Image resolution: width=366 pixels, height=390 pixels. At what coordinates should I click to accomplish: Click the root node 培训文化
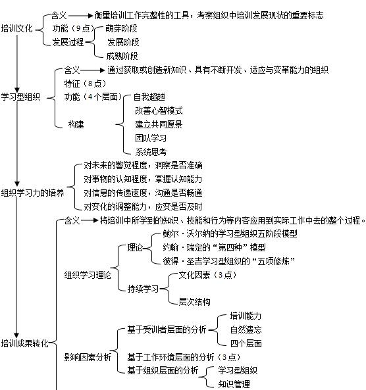pos(16,28)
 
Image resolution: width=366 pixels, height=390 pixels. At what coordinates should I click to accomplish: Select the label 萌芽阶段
pos(121,28)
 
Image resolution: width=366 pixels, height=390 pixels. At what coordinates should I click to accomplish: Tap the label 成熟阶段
pos(122,56)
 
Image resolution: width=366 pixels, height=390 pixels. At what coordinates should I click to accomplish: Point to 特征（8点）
pos(85,84)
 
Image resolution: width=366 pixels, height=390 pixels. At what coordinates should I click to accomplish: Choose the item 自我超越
pos(149,97)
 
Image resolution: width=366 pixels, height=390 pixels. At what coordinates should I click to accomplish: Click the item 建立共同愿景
pos(159,124)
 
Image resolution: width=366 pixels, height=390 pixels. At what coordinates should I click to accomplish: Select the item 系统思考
pos(151,152)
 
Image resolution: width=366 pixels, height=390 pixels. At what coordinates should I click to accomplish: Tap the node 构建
pos(76,124)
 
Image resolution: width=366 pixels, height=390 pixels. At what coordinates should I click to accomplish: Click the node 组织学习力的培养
pos(33,193)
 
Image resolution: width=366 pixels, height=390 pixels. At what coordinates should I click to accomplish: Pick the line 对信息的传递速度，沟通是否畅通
pos(143,193)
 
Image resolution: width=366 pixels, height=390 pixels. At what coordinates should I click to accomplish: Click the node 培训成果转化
pos(24,343)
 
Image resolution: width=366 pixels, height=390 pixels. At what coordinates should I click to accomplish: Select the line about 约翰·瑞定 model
pos(215,247)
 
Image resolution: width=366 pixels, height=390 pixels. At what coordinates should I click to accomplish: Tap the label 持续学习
pos(143,289)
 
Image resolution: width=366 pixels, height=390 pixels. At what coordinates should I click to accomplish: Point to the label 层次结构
pos(194,302)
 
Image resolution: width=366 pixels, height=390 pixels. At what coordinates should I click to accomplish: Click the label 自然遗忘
pos(246,329)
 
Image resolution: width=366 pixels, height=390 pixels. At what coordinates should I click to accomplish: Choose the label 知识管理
pos(234,384)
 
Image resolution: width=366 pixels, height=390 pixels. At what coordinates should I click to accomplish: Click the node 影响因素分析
pos(88,357)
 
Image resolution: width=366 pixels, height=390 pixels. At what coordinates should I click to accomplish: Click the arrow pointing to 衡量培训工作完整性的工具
pos(80,16)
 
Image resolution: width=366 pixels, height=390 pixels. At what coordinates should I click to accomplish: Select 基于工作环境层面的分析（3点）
pos(184,357)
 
